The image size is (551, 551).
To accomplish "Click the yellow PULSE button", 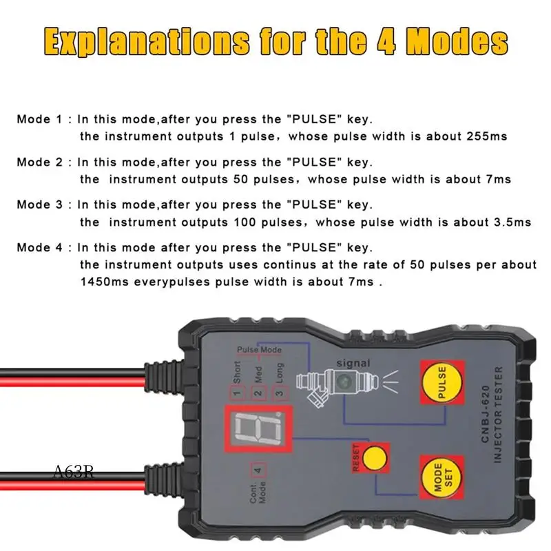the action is [x=441, y=384].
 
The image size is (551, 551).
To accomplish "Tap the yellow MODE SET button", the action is [x=438, y=476].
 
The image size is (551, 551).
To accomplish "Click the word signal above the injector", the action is [x=353, y=363].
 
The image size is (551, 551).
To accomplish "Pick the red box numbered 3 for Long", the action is [x=278, y=394].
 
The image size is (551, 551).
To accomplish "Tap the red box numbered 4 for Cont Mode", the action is [x=258, y=472].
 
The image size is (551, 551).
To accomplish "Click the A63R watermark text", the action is [x=73, y=473].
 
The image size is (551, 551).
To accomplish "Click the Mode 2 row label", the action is [x=43, y=163].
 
